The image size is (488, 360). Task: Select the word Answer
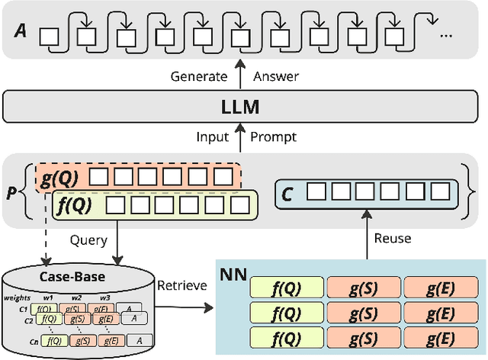pyautogui.click(x=276, y=76)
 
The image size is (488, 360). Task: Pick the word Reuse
pyautogui.click(x=393, y=239)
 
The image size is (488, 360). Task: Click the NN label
pyautogui.click(x=233, y=273)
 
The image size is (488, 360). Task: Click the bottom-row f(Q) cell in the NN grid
pyautogui.click(x=285, y=336)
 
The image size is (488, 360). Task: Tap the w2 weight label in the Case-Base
pyautogui.click(x=76, y=297)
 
